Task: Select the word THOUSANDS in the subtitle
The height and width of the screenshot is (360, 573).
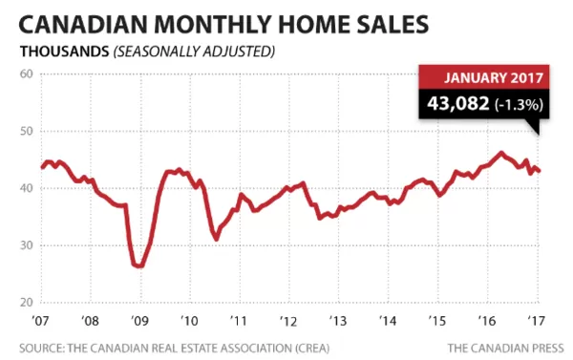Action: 65,52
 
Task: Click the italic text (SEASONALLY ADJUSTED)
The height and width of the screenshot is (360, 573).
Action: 194,52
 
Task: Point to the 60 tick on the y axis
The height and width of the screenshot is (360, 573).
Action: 27,74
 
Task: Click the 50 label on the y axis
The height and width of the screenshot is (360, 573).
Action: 27,131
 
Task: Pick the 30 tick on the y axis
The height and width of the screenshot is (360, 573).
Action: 27,245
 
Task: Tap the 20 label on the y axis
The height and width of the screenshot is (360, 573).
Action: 27,303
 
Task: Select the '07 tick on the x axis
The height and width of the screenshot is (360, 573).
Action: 40,321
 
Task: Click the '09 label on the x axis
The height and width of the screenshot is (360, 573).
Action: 139,321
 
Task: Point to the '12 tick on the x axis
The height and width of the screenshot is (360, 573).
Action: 288,321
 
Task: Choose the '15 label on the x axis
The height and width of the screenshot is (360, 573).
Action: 437,321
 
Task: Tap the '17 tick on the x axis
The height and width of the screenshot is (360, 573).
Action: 537,321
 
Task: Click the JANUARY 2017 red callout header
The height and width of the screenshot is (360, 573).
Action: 494,78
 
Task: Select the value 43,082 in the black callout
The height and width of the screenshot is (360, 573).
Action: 457,103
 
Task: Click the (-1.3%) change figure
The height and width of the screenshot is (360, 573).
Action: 519,104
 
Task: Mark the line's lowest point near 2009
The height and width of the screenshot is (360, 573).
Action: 139,266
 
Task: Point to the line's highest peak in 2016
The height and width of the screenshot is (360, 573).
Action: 501,153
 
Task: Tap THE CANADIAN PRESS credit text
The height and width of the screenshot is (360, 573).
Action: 506,348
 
